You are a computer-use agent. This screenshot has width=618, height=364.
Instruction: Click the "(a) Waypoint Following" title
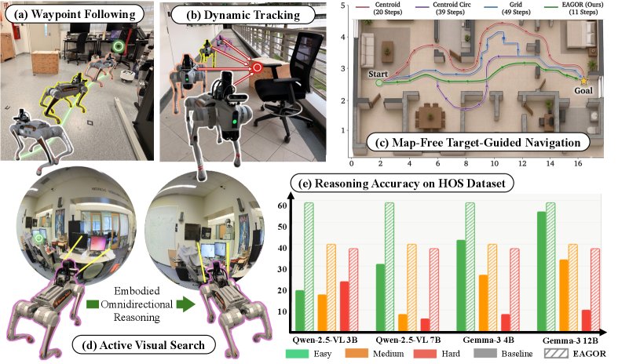point(74,15)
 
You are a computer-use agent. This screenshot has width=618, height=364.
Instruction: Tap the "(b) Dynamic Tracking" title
point(243,16)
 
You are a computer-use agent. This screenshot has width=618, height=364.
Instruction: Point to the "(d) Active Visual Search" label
point(144,345)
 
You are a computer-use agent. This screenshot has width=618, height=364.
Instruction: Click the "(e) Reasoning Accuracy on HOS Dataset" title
point(402,184)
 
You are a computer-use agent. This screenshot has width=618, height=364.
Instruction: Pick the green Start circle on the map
point(379,82)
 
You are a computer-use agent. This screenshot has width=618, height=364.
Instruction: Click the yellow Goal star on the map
point(583,80)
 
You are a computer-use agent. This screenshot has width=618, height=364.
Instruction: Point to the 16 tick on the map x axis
point(578,163)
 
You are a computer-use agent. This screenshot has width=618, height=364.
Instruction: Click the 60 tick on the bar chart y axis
point(282,206)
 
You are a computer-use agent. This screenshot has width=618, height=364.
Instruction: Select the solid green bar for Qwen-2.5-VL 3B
point(300,311)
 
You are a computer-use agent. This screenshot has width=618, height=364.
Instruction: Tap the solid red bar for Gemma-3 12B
point(586,321)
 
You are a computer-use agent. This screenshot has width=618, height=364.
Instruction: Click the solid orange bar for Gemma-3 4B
point(483,303)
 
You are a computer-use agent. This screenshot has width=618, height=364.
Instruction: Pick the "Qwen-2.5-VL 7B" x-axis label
point(408,340)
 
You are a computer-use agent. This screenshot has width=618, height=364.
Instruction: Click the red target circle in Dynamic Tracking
point(258,67)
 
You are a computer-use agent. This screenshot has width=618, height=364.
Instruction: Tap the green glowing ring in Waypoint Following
point(118,47)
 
